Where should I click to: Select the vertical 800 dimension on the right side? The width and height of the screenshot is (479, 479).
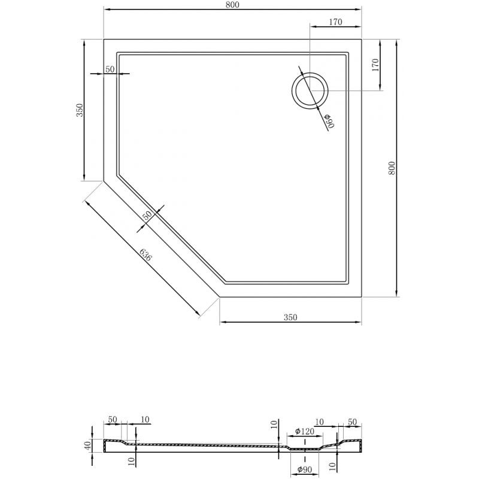[x=392, y=168]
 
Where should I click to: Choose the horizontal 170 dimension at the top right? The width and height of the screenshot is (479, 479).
[x=335, y=23]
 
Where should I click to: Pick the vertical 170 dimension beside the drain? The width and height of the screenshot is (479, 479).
[x=375, y=65]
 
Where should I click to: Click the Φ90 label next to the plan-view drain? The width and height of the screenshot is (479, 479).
[x=329, y=121]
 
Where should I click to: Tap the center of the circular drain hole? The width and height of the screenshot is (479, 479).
[x=310, y=91]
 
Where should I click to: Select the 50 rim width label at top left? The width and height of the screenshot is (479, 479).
[x=110, y=69]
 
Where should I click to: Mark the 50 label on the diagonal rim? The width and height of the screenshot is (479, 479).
[x=147, y=216]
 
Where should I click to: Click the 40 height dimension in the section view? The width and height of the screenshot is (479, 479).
[x=87, y=445]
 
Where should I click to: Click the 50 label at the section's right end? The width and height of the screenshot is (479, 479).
[x=352, y=422]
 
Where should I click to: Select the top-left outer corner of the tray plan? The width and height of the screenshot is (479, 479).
[x=104, y=40]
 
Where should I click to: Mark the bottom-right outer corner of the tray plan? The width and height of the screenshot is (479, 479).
[x=362, y=297]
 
